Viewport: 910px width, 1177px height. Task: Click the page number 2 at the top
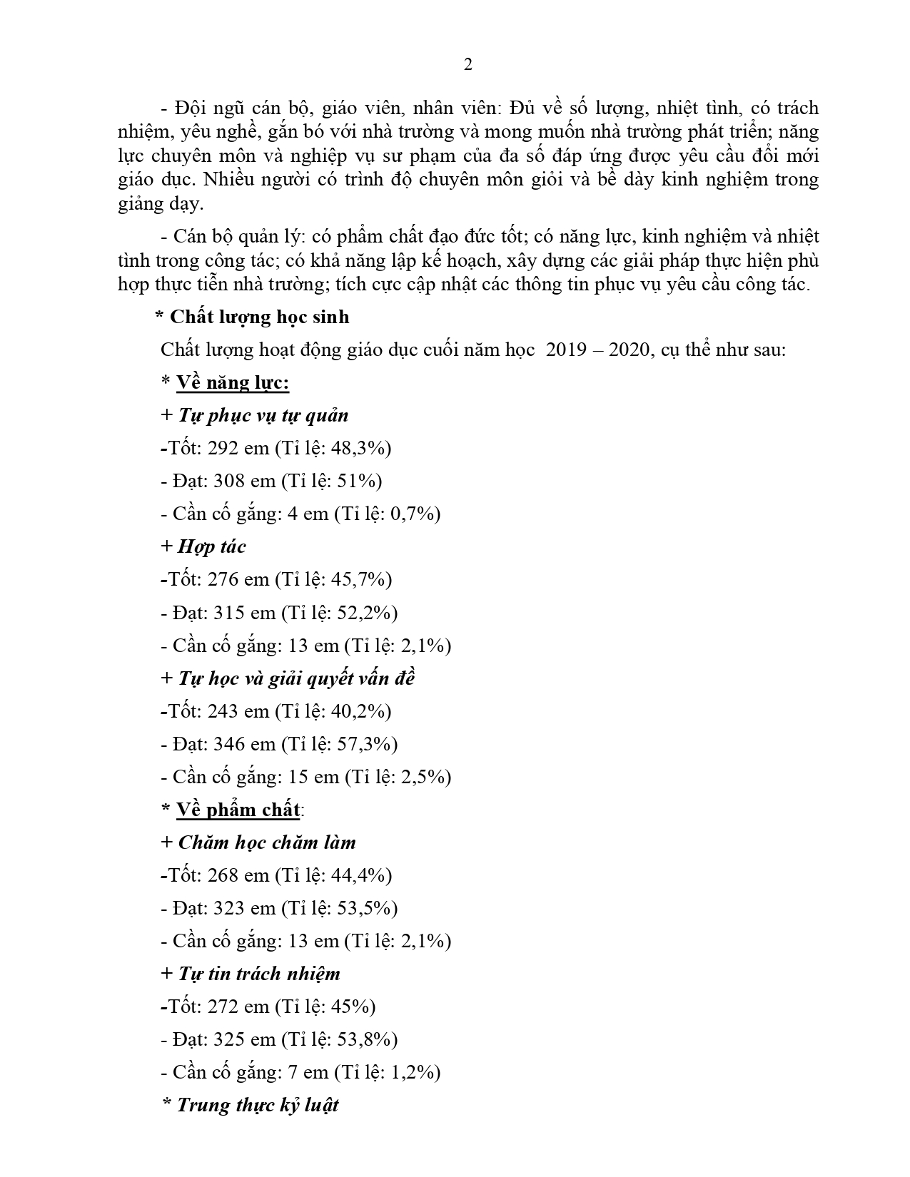pos(468,65)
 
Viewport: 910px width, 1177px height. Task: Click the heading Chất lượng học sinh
pos(259,317)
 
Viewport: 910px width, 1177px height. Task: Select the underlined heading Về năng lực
pos(233,383)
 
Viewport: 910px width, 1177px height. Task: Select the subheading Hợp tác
pos(211,546)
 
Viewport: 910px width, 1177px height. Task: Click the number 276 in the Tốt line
pos(223,579)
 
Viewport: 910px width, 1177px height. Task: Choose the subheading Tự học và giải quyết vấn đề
pos(296,678)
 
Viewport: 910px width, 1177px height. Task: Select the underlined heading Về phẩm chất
pos(238,810)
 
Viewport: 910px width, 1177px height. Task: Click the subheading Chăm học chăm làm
pos(267,842)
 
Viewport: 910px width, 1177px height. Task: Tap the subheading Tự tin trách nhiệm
pos(258,974)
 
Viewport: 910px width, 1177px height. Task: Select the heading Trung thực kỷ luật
pos(257,1105)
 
